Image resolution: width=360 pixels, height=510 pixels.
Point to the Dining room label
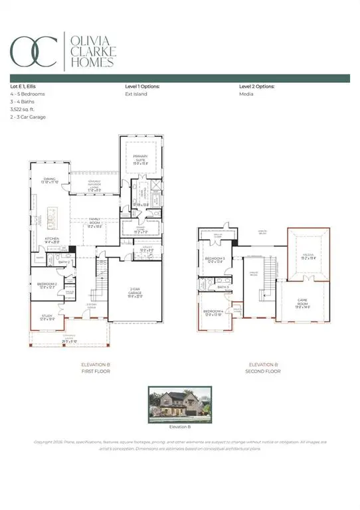pos(50,179)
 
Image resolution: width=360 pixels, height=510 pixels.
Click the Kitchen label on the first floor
pos(52,240)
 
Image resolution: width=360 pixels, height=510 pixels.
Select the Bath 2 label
pos(64,262)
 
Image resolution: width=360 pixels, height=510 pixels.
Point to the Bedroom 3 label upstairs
pos(215,260)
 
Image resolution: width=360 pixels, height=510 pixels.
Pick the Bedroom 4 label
pos(213,312)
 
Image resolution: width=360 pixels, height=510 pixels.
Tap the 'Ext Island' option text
pos(136,94)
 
